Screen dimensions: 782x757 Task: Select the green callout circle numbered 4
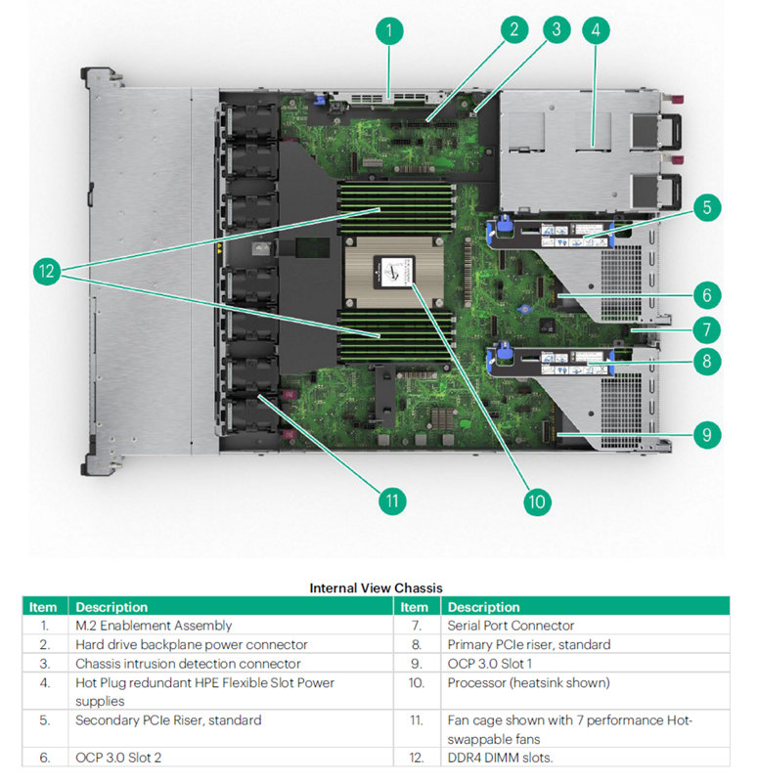[x=592, y=29]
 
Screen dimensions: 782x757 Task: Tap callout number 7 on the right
[x=706, y=328]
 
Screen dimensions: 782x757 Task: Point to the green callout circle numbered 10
[x=536, y=500]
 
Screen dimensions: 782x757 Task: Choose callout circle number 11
[x=392, y=500]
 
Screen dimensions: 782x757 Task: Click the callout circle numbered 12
[x=46, y=272]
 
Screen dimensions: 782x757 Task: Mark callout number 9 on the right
[x=706, y=433]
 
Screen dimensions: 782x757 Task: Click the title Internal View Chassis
[x=376, y=587]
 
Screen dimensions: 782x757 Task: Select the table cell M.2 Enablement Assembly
[x=154, y=626]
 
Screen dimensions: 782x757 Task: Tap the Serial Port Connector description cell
[x=511, y=626]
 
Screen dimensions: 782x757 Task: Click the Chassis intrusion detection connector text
[x=188, y=664]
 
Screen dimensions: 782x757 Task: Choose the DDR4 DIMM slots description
[x=498, y=758]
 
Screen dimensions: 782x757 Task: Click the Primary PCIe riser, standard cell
[x=528, y=644]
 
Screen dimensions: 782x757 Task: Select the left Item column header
[x=43, y=607]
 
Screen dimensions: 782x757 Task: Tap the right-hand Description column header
[x=483, y=607]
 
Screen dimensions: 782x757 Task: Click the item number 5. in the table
[x=44, y=720]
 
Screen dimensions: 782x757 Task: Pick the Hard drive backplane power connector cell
[x=191, y=644]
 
